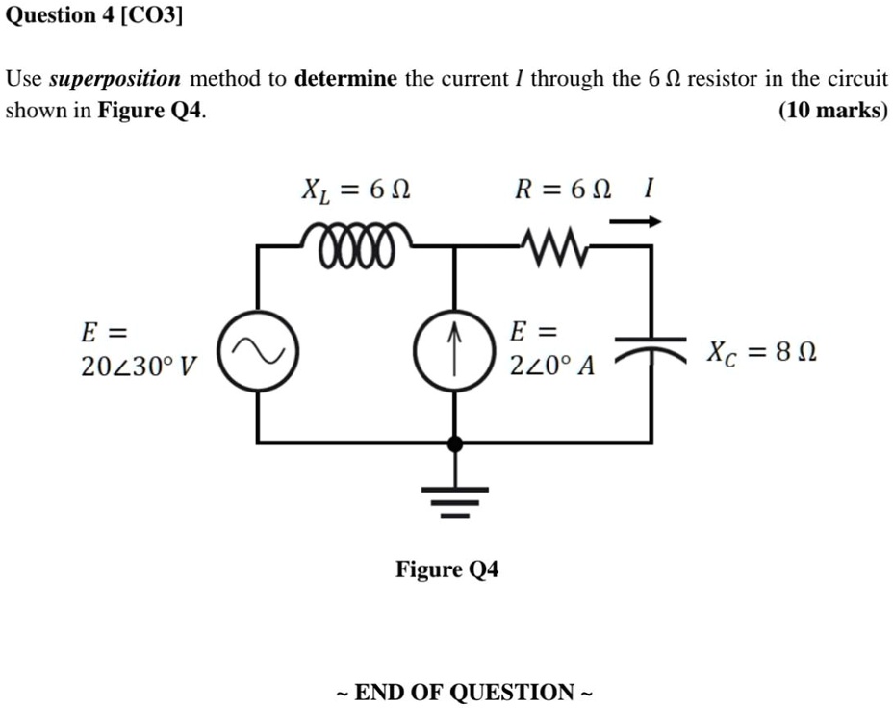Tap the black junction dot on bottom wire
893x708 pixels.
pos(455,443)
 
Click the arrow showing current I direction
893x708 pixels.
pos(635,222)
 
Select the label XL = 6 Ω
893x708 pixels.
pos(355,190)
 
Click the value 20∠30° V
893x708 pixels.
pos(138,367)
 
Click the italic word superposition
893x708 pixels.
pos(115,79)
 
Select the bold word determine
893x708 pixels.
pos(345,79)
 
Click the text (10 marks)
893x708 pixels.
pos(832,111)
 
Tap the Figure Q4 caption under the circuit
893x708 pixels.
pos(446,569)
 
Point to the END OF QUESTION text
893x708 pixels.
pos(465,692)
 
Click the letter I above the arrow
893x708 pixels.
pos(650,189)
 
